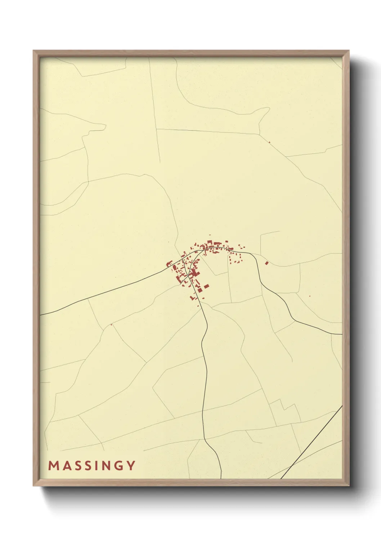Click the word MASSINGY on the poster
92,466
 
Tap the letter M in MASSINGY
53,466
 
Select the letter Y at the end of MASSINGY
131,466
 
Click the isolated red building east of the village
266,263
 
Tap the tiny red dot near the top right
269,142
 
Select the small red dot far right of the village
310,296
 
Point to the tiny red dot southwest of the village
112,325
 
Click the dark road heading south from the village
204,378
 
